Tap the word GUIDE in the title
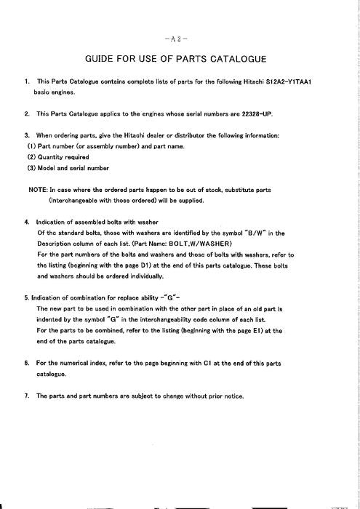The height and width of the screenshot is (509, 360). [x=103, y=58]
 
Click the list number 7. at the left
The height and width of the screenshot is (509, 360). [x=27, y=396]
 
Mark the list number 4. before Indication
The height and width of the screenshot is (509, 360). [x=27, y=222]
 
